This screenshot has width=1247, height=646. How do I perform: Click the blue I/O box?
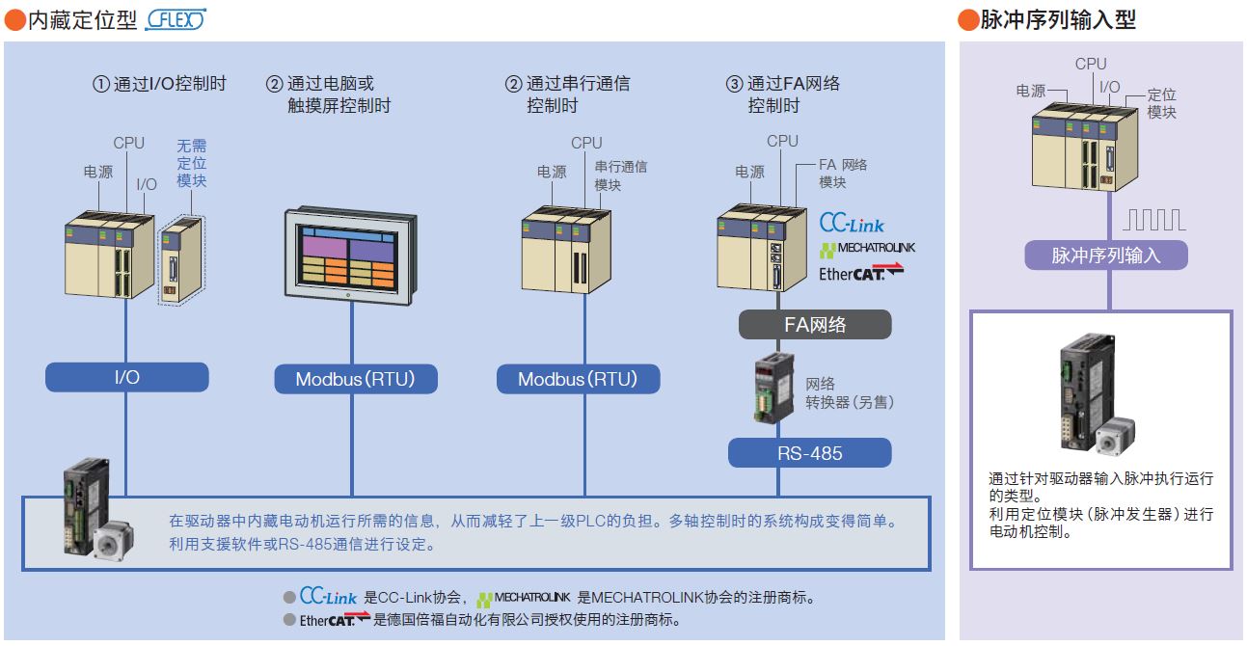pyautogui.click(x=126, y=377)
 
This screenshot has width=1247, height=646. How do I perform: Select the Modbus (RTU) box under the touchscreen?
pyautogui.click(x=355, y=379)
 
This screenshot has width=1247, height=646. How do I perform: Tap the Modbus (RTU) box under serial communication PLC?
pyautogui.click(x=578, y=379)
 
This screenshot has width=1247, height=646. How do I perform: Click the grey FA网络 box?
pyautogui.click(x=815, y=324)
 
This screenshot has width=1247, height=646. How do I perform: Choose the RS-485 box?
pyautogui.click(x=809, y=452)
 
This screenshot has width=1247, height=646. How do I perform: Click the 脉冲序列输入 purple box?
pyautogui.click(x=1105, y=255)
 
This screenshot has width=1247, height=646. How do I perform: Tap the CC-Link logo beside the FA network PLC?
pyautogui.click(x=852, y=223)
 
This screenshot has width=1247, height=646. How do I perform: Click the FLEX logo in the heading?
pyautogui.click(x=175, y=20)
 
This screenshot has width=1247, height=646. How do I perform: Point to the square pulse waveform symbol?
pyautogui.click(x=1152, y=221)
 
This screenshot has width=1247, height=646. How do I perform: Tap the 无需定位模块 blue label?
pyautogui.click(x=191, y=163)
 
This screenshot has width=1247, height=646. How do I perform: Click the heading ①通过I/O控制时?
pyautogui.click(x=159, y=84)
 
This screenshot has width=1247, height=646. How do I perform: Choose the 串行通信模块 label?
pyautogui.click(x=620, y=175)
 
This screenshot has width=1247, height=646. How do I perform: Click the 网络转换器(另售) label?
pyautogui.click(x=849, y=392)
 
